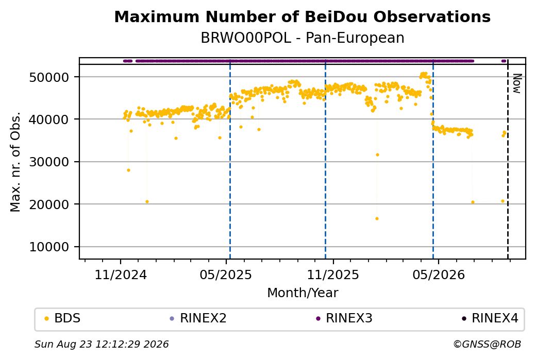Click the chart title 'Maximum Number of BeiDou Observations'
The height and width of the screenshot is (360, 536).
(302, 16)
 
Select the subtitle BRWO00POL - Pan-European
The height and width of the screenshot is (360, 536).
(302, 38)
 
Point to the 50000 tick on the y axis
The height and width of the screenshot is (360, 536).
(49, 77)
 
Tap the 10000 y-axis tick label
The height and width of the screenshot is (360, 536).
(49, 247)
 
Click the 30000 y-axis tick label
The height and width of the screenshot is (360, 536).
(49, 162)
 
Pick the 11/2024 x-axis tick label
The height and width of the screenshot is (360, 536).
(120, 275)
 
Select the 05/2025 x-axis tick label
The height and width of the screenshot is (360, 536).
(226, 275)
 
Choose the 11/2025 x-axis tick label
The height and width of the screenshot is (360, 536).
(333, 275)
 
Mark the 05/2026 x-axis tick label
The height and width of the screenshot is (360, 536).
(439, 275)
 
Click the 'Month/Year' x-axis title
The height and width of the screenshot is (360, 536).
(303, 293)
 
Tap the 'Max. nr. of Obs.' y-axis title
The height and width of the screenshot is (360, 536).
(15, 162)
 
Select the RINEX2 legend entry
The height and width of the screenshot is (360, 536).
(198, 318)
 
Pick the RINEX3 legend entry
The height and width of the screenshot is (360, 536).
(344, 318)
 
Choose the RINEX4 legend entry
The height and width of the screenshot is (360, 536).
(490, 318)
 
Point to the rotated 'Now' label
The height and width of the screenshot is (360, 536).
(517, 83)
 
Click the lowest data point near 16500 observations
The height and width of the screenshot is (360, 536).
(377, 218)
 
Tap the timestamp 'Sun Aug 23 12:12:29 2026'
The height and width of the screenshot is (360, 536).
(102, 344)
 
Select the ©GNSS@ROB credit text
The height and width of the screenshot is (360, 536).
(487, 344)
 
